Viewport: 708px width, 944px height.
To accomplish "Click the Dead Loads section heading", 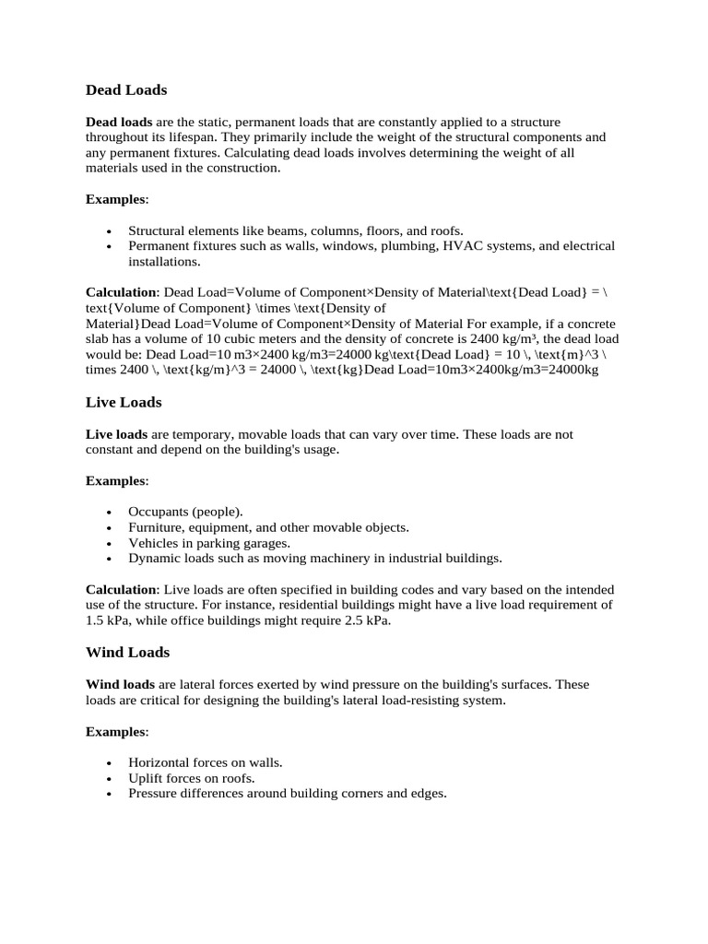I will click(x=126, y=90).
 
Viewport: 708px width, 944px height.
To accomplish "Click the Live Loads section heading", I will click(x=124, y=403).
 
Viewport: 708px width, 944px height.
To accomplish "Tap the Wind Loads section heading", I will click(x=127, y=653).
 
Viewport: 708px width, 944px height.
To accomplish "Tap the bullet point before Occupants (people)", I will click(x=109, y=512).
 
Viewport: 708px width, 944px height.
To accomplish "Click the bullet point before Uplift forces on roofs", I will click(x=109, y=778).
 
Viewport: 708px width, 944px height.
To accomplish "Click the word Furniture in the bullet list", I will click(x=156, y=527).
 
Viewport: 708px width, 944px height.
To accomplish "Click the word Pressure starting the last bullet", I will click(x=153, y=793).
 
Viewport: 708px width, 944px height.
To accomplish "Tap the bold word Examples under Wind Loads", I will click(x=115, y=731).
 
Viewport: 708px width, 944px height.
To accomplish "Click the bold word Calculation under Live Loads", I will click(x=122, y=589).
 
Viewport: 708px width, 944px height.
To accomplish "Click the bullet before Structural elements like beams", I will click(x=109, y=231).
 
